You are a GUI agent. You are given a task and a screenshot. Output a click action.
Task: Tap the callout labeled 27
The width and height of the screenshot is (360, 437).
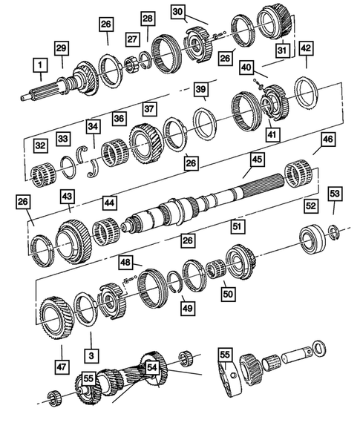coord(132,39)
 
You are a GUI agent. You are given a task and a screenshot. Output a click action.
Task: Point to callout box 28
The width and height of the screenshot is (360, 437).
coord(147,18)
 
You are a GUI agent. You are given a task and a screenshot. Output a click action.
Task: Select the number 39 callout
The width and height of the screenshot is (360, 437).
coord(200,89)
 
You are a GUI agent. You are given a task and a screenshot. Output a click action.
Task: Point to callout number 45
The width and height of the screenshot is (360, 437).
coord(256,160)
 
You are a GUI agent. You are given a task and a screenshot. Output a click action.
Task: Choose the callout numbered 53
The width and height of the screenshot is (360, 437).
coord(336,194)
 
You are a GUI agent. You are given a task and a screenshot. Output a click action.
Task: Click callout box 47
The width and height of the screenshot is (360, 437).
coord(61,366)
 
